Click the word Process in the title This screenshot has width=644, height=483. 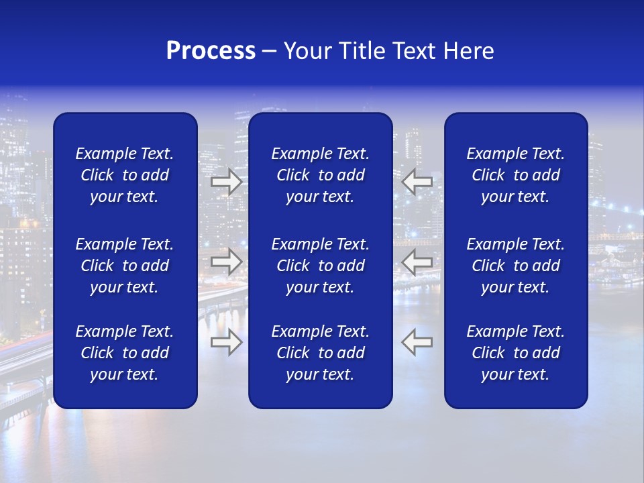click(x=211, y=51)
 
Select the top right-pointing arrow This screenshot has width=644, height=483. click(x=226, y=182)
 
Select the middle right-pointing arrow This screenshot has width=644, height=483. click(x=226, y=262)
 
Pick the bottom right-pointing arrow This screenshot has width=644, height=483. click(x=226, y=342)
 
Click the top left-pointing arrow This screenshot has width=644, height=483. click(x=417, y=182)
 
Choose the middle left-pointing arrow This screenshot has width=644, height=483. click(x=417, y=262)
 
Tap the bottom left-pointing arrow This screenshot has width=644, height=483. click(x=417, y=342)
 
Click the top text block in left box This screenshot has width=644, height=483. click(x=125, y=175)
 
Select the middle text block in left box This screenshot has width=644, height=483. click(x=125, y=266)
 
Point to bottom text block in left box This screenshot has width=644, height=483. click(x=125, y=353)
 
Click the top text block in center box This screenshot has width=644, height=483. click(x=320, y=175)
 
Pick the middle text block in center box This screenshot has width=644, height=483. click(x=320, y=266)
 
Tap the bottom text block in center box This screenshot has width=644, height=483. click(x=320, y=353)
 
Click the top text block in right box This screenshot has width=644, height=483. click(x=515, y=175)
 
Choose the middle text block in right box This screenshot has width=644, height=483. click(x=515, y=266)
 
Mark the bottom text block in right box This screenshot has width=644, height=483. click(x=515, y=353)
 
